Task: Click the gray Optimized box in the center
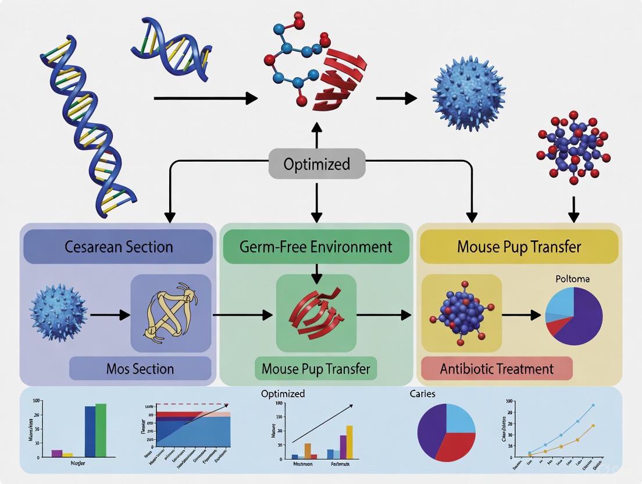point(317,164)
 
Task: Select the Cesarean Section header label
point(118,247)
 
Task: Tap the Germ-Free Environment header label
point(316,247)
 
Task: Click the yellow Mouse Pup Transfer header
point(519,247)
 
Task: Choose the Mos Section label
point(140,369)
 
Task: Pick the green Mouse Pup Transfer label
point(316,369)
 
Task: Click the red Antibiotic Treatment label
point(497,369)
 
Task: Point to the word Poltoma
point(573,279)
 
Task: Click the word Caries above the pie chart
point(422,394)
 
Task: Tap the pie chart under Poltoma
point(574,316)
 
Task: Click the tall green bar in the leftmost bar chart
point(101,430)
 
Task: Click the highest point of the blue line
point(593,405)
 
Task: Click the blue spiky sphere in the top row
point(468,94)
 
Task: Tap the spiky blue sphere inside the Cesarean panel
point(59,314)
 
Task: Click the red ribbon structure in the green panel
point(316,314)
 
